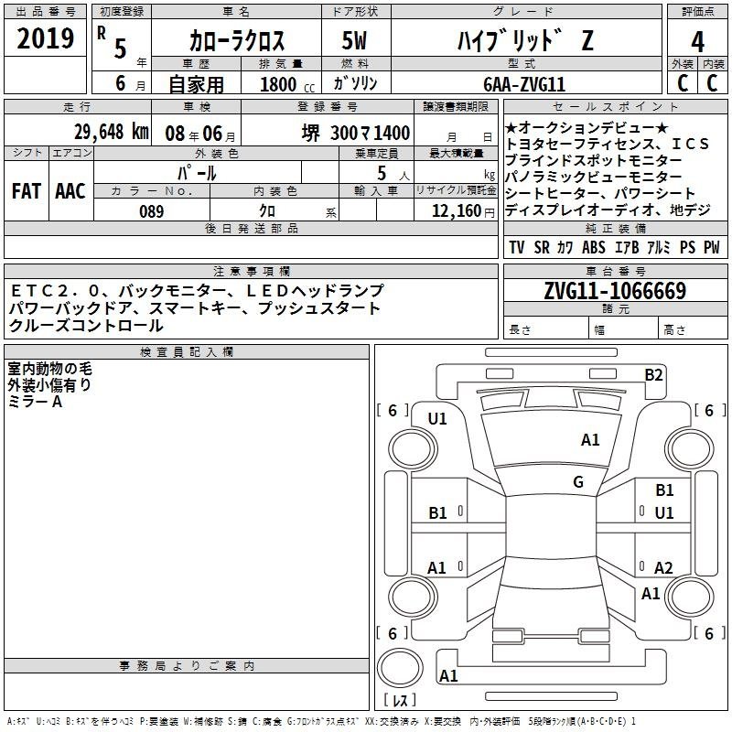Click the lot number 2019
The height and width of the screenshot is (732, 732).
[45, 38]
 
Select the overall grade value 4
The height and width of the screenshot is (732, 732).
[697, 42]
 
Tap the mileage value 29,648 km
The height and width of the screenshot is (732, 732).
[112, 132]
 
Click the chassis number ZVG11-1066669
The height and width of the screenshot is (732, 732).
[615, 291]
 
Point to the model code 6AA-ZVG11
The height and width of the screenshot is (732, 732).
[524, 84]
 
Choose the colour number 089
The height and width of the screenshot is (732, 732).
[152, 211]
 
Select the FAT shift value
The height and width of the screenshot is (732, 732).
[27, 191]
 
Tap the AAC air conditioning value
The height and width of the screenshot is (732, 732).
[70, 191]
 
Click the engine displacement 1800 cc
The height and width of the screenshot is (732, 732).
[287, 84]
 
